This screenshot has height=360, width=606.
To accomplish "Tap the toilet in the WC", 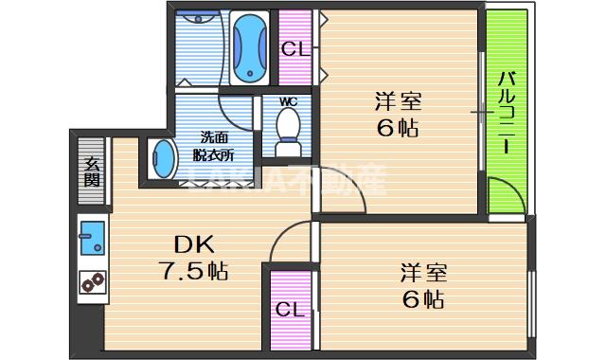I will click(x=288, y=130).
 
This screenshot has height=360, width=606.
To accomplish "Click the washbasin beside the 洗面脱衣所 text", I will click(x=163, y=157).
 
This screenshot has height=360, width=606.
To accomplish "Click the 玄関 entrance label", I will click(x=92, y=170).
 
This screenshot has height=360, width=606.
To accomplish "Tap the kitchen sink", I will click(x=92, y=237).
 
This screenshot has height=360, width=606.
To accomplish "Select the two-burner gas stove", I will click(x=92, y=282).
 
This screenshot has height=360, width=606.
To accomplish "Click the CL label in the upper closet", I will click(x=294, y=50).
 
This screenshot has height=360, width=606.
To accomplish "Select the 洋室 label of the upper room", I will click(x=399, y=100).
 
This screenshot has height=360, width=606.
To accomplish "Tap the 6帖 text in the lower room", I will click(x=422, y=301).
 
